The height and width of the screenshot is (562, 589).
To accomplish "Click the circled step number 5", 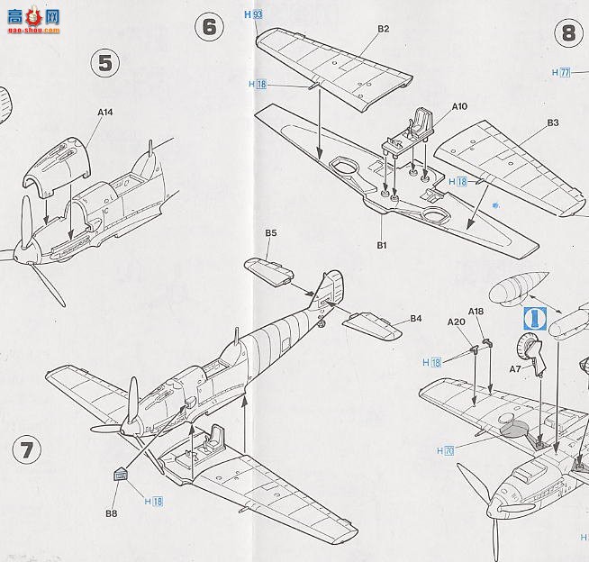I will pyautogui.click(x=105, y=62).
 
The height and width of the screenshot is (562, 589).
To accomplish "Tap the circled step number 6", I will pyautogui.click(x=209, y=26).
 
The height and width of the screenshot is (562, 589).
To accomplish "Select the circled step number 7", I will pyautogui.click(x=28, y=449).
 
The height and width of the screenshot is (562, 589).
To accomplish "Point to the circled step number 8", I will pyautogui.click(x=568, y=33).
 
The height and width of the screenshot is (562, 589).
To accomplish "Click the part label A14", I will pyautogui.click(x=105, y=113).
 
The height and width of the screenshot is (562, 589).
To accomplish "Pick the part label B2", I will pyautogui.click(x=383, y=29).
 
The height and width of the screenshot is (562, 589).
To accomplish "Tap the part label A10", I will pyautogui.click(x=459, y=106).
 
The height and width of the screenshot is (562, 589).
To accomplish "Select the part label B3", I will pyautogui.click(x=552, y=122).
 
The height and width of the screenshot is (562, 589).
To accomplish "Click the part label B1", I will pyautogui.click(x=381, y=245).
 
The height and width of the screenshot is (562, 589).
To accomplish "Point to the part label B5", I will pyautogui.click(x=270, y=233).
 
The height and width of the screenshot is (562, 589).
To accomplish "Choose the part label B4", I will pyautogui.click(x=415, y=318).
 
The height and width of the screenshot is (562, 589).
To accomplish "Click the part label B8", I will pyautogui.click(x=111, y=513).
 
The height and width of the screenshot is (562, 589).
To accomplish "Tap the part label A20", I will pyautogui.click(x=456, y=322).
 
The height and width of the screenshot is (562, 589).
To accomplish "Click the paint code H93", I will pyautogui.click(x=253, y=15).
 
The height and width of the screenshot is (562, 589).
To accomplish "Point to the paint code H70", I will pyautogui.click(x=444, y=450).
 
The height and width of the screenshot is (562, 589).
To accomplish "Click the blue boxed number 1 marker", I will pyautogui.click(x=534, y=316).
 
